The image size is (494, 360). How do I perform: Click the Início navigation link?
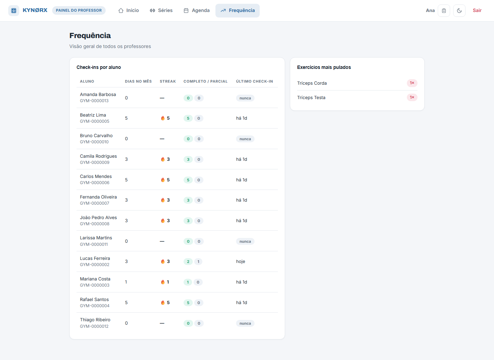pyautogui.click(x=129, y=10)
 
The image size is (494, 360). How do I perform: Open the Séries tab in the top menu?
pyautogui.click(x=161, y=10)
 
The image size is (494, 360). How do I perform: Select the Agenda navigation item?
pyautogui.click(x=197, y=10)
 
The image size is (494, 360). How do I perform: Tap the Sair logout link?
pyautogui.click(x=477, y=10)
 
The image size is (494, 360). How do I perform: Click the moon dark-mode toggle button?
pyautogui.click(x=459, y=11)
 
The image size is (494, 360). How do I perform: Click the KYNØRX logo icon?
pyautogui.click(x=14, y=11)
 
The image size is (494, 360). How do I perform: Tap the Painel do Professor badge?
pyautogui.click(x=79, y=10)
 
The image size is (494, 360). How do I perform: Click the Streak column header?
pyautogui.click(x=168, y=81)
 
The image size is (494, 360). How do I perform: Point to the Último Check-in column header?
pyautogui.click(x=254, y=81)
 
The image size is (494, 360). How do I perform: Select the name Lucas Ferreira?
pyautogui.click(x=95, y=259)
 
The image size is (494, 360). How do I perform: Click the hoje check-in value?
pyautogui.click(x=240, y=262)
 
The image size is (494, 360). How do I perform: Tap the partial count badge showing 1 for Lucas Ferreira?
pyautogui.click(x=198, y=262)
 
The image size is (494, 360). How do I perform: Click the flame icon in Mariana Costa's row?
pyautogui.click(x=163, y=282)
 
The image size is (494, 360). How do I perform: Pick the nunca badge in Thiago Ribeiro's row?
pyautogui.click(x=245, y=323)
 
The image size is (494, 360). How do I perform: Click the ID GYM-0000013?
pyautogui.click(x=94, y=101)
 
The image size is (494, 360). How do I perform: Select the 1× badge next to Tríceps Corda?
pyautogui.click(x=412, y=83)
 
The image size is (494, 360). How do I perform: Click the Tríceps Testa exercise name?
pyautogui.click(x=311, y=97)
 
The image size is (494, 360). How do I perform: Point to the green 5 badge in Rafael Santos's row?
pyautogui.click(x=188, y=303)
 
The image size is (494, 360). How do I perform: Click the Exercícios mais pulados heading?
pyautogui.click(x=324, y=67)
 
